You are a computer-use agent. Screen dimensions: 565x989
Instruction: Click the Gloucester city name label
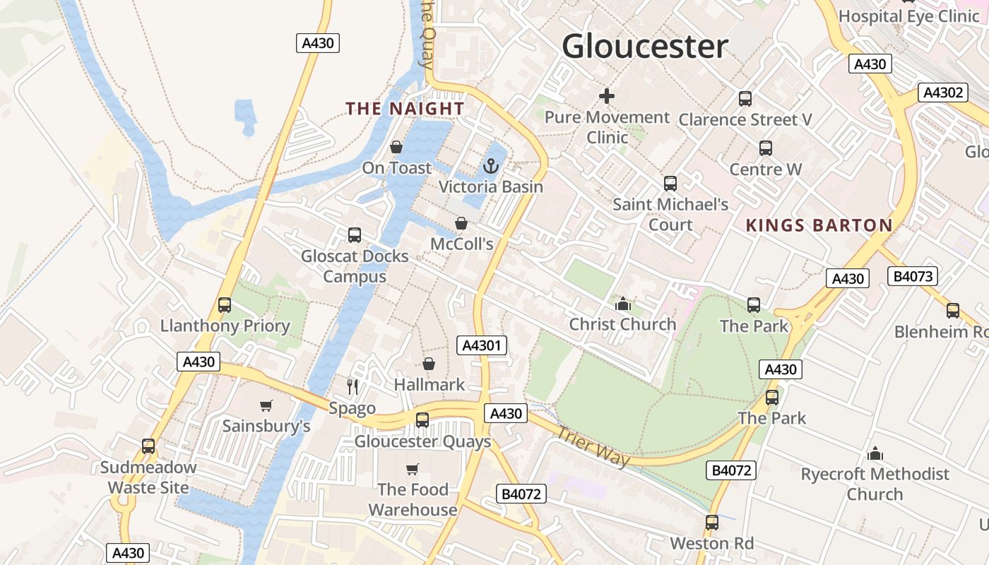(x=644, y=47)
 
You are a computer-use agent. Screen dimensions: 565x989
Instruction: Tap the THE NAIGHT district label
(x=405, y=108)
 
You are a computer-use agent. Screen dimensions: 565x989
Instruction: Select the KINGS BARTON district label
(x=819, y=225)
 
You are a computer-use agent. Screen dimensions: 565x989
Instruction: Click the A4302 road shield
(x=942, y=93)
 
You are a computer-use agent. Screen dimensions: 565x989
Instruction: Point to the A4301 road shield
(x=482, y=345)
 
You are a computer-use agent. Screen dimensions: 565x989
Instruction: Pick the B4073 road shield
(x=913, y=276)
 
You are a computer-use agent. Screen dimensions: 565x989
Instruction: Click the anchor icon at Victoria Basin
(x=490, y=167)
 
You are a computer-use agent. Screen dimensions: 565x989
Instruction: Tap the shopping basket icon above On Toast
(x=396, y=147)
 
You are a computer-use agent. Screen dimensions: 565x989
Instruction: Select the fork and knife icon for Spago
(x=353, y=386)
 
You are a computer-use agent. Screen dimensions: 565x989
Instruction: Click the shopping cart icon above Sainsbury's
(x=266, y=405)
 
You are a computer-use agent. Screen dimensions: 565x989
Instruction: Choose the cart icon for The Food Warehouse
(x=413, y=469)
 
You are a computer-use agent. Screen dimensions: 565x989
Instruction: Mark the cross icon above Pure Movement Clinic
(x=606, y=96)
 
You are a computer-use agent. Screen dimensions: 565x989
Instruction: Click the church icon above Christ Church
(x=622, y=304)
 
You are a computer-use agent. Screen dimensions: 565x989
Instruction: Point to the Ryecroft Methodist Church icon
(x=875, y=453)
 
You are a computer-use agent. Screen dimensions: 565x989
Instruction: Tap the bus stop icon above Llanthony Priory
(x=225, y=305)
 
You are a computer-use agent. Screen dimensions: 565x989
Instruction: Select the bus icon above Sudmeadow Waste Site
(x=148, y=446)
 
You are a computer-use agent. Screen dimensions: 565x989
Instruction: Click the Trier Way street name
(x=593, y=446)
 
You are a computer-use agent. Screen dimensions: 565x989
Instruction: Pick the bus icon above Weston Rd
(x=711, y=523)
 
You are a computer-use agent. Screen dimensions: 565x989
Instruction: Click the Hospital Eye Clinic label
(x=908, y=16)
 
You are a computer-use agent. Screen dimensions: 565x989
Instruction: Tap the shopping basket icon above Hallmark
(x=428, y=364)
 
